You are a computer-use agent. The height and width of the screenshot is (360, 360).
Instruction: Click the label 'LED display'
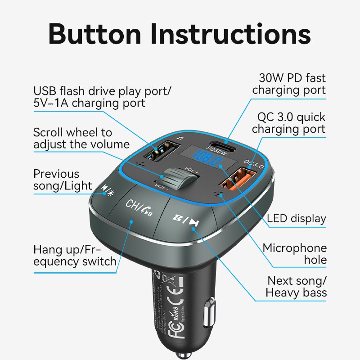coord(296,219)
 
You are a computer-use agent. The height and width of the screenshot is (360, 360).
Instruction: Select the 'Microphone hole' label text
coord(295,254)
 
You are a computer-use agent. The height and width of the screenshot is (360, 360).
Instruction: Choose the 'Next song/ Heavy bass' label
coord(296,287)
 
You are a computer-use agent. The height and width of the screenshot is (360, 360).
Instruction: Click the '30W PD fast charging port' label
coord(288,84)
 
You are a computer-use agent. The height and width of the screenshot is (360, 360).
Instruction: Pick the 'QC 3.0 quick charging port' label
coord(288,123)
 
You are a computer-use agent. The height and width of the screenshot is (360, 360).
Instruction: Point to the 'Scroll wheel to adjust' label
coord(81,139)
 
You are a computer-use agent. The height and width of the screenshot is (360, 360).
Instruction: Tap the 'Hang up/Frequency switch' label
coord(75,256)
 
